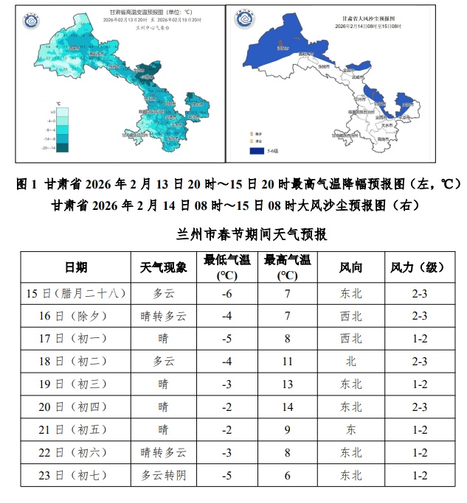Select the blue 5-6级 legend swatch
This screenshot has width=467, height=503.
point(257,150)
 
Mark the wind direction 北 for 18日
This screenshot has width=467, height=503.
point(350,362)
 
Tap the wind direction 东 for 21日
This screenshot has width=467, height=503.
point(350,430)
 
